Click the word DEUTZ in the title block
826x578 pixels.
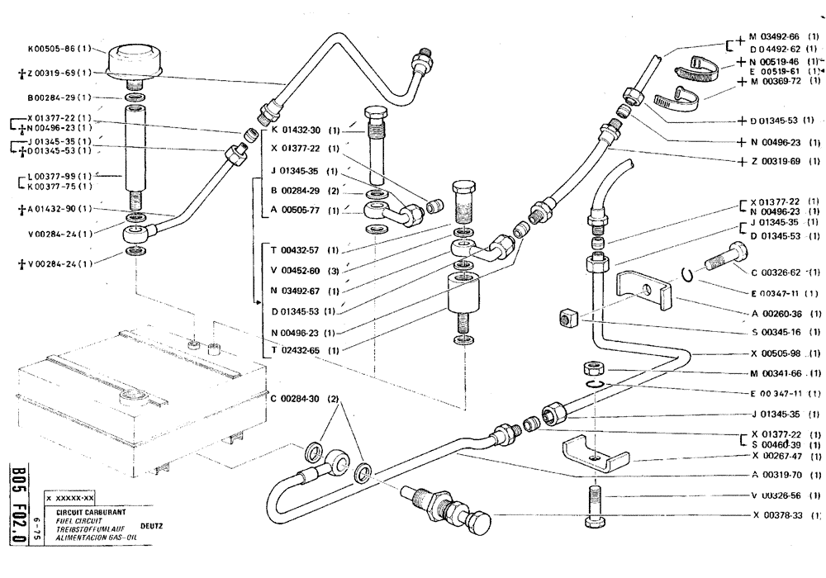151,524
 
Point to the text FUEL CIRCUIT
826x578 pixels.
78,522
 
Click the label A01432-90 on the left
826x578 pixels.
53,209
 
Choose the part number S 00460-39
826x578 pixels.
780,445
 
